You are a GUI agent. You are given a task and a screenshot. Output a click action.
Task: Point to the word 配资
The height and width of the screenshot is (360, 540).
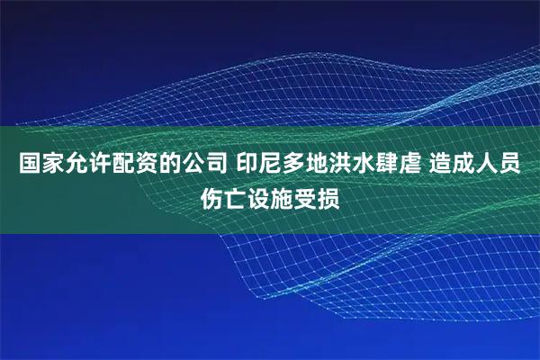pyautogui.click(x=131, y=166)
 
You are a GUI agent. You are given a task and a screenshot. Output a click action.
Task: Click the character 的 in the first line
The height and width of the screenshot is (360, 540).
pyautogui.click(x=167, y=166)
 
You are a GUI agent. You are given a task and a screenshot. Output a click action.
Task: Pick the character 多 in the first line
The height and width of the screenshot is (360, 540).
pyautogui.click(x=297, y=166)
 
